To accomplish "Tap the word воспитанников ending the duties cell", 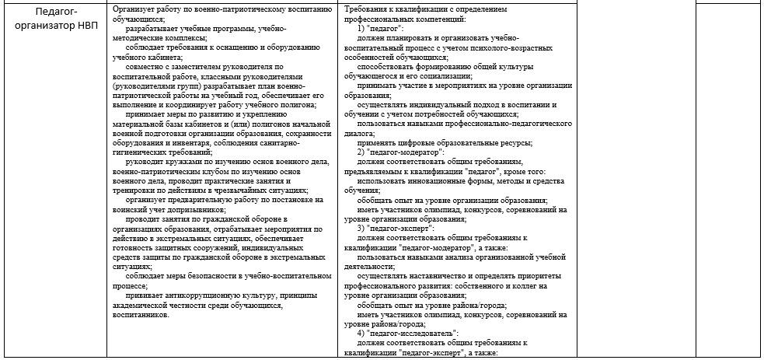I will pos(141,314).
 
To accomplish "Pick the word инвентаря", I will pos(180,143).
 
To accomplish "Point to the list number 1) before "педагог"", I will pos(362,28).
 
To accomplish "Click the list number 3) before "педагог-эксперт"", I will pos(362,229).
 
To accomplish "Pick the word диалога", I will pos(361,133).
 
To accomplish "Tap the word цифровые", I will pos(417,143).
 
